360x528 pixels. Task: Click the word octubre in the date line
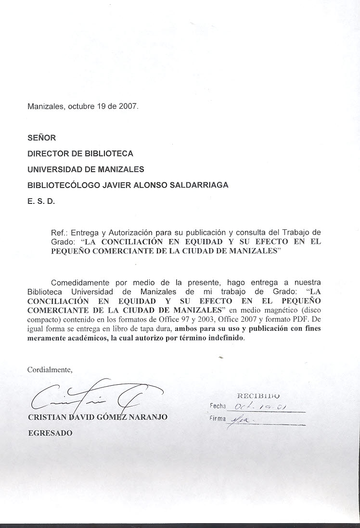77,107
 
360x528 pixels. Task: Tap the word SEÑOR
42,138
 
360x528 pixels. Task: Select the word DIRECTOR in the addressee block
47,153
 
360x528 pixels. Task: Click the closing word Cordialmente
50,370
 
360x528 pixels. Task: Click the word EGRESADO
50,433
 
